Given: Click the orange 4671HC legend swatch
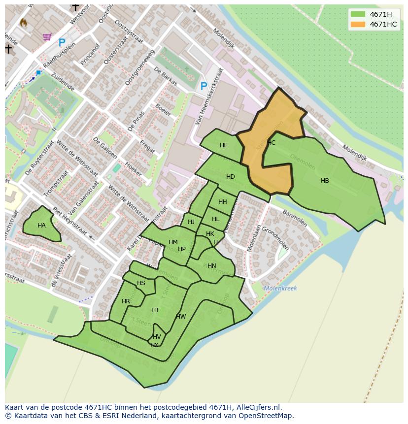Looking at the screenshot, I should [358, 24].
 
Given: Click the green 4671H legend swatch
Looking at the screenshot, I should [358, 14].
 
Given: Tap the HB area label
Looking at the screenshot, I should [325, 181].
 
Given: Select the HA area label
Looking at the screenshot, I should [41, 226].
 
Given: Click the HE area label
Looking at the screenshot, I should [224, 145].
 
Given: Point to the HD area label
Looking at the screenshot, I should [230, 177].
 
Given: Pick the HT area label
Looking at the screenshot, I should [155, 310].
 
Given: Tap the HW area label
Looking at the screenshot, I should [181, 317].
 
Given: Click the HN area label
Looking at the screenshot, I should [211, 266].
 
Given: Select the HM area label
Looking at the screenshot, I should [173, 242].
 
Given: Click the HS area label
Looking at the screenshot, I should [141, 283].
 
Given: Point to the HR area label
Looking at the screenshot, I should [126, 301].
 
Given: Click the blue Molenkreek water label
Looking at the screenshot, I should [280, 289].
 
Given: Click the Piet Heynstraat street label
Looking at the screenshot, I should [69, 221].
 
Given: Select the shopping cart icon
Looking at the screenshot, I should [47, 36].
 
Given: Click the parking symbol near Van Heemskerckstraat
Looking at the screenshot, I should [204, 87].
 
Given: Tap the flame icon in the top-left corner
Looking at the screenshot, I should [23, 22].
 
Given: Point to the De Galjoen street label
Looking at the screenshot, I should [105, 147].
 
